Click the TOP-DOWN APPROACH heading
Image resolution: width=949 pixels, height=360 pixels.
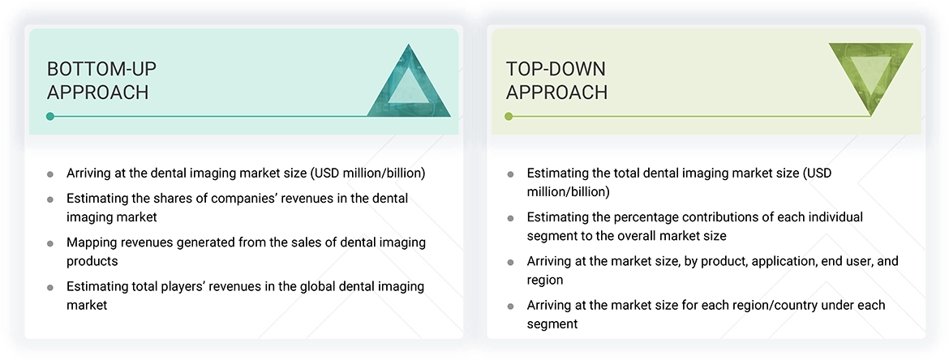click(x=556, y=80)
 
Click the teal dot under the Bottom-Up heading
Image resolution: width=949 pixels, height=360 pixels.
click(x=50, y=117)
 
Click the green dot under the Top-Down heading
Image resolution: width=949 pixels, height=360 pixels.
click(x=509, y=117)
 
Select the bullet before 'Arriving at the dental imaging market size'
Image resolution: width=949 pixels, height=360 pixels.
click(x=50, y=174)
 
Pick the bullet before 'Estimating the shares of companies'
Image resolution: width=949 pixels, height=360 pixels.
click(x=50, y=199)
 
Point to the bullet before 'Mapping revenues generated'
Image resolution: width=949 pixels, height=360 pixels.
click(x=50, y=243)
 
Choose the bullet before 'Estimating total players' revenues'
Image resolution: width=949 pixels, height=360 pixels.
click(x=50, y=288)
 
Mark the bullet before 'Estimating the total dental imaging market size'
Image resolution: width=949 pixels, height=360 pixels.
click(x=510, y=174)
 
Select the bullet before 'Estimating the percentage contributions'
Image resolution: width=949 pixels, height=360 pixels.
click(x=510, y=218)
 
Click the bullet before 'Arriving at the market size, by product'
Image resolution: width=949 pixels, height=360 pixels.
click(x=510, y=263)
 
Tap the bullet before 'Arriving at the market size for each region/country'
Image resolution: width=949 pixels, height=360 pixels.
click(x=510, y=306)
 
